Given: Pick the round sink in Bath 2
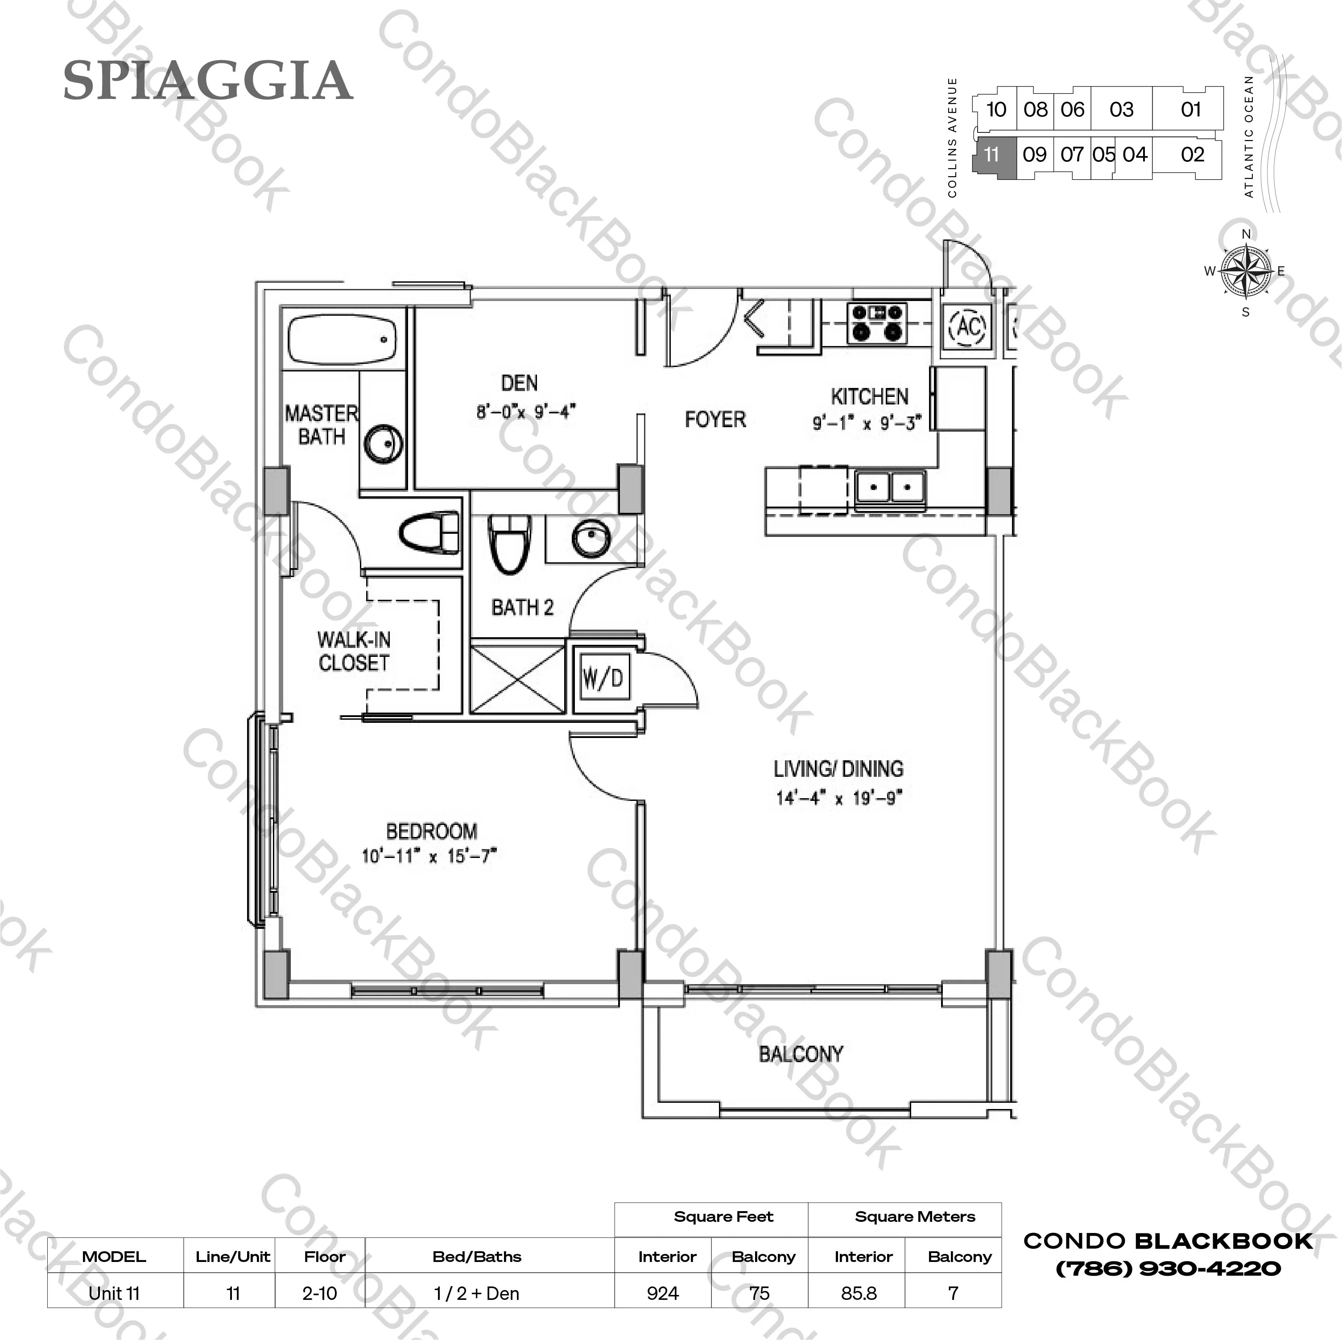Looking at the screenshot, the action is click(591, 537).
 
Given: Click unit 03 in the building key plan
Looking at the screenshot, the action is click(1121, 109).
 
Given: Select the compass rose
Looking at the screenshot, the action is click(1246, 271).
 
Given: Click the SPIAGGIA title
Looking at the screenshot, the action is click(208, 81).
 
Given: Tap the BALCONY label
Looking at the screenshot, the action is click(801, 1054).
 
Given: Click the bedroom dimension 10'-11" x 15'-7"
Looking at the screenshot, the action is click(430, 856).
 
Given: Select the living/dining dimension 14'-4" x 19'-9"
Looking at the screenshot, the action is click(839, 797).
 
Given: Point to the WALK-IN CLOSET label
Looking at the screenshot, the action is click(354, 651).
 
